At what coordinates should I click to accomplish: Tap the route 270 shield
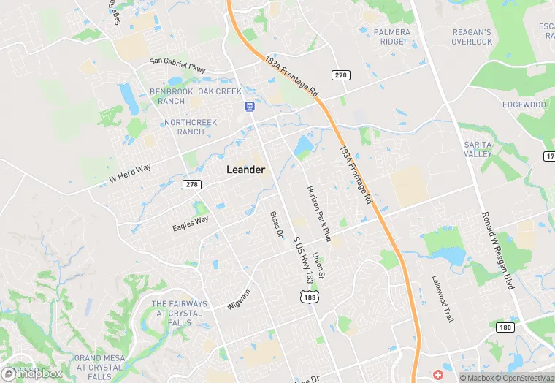pos(340,75)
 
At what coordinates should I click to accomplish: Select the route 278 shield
pos(192,184)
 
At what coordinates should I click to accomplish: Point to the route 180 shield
pos(505,327)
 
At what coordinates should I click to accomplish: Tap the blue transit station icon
pos(249,107)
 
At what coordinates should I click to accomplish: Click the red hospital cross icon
pos(438,374)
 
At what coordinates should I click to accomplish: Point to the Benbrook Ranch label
pos(172,96)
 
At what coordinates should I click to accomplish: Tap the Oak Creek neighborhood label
pos(219,91)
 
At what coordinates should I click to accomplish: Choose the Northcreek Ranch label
pos(185,126)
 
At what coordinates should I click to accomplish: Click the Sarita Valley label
pos(478,149)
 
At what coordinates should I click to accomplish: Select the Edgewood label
pos(524,105)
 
